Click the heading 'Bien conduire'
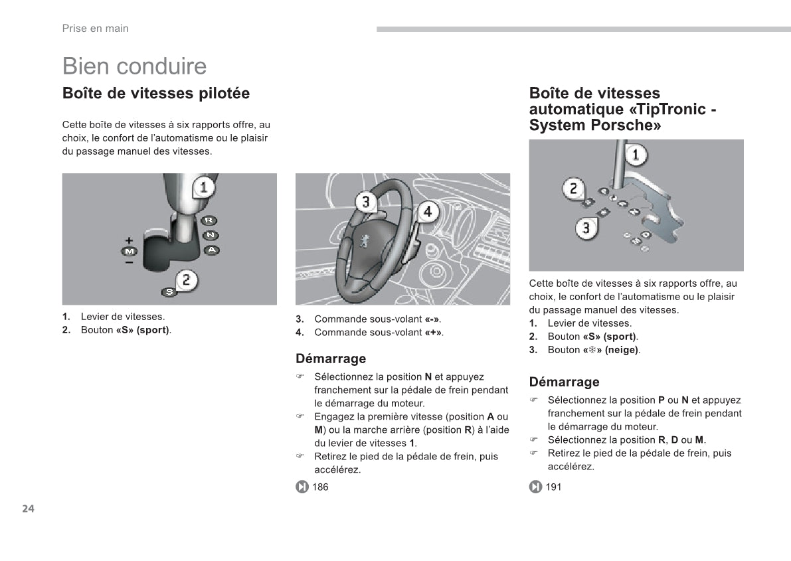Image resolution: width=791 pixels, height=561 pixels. coord(134,66)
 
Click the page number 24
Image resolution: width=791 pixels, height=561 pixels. coord(28,509)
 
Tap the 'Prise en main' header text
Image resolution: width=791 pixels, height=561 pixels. coord(95,29)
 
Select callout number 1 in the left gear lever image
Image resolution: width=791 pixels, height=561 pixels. coord(204,187)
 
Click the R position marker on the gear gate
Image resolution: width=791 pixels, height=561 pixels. coord(209,220)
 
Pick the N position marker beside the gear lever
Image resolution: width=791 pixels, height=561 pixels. coord(210,235)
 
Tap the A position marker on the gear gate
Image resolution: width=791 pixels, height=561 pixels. coord(211,250)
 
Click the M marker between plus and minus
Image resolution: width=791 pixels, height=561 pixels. coord(129,251)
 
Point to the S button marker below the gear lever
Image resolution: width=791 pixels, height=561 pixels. coord(169,291)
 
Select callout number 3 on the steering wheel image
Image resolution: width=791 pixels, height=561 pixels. coord(366,201)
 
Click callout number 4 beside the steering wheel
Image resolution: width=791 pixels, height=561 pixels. coord(428,212)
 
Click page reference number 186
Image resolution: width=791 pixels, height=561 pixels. coord(320,487)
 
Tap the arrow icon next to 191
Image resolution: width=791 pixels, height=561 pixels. coord(535,487)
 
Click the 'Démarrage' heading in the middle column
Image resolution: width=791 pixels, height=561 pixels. coord(331,359)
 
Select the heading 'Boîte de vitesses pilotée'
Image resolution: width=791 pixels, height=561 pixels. coord(156,94)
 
